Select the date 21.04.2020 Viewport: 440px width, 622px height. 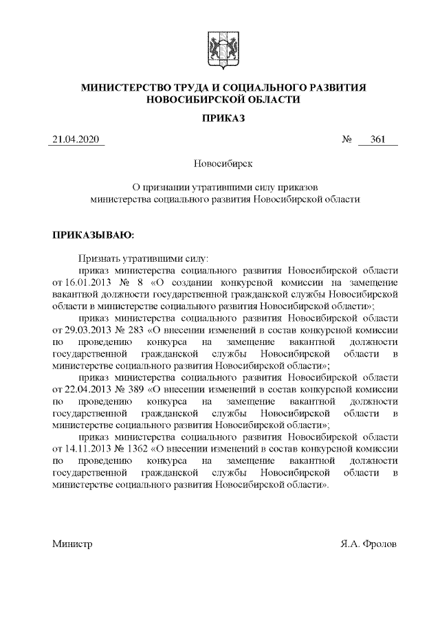click(x=76, y=141)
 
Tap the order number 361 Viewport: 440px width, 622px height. click(x=377, y=141)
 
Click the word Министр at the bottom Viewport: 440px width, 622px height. click(x=72, y=544)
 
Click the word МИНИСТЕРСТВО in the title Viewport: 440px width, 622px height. click(x=123, y=87)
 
